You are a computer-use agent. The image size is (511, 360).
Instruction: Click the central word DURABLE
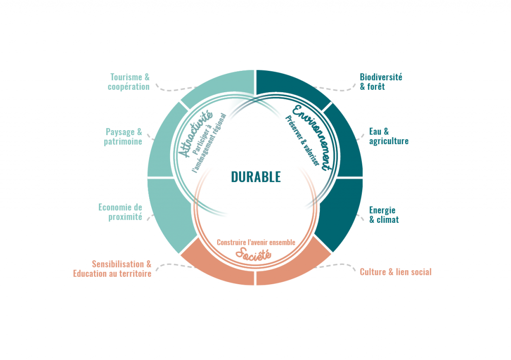255,177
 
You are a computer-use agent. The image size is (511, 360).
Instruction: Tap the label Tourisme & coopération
130,82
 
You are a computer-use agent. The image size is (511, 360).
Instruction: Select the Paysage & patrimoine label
123,137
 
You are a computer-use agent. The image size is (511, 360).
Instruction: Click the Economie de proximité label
120,212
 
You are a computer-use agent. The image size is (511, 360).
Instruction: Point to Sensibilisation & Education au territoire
112,269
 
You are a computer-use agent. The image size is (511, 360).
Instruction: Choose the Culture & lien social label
395,272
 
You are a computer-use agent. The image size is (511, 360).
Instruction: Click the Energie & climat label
384,214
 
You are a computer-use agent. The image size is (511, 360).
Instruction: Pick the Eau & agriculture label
389,136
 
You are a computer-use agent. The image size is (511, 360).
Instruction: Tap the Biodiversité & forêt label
381,82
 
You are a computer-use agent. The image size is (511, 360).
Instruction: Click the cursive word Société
253,253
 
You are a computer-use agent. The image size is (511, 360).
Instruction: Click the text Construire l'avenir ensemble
255,242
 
